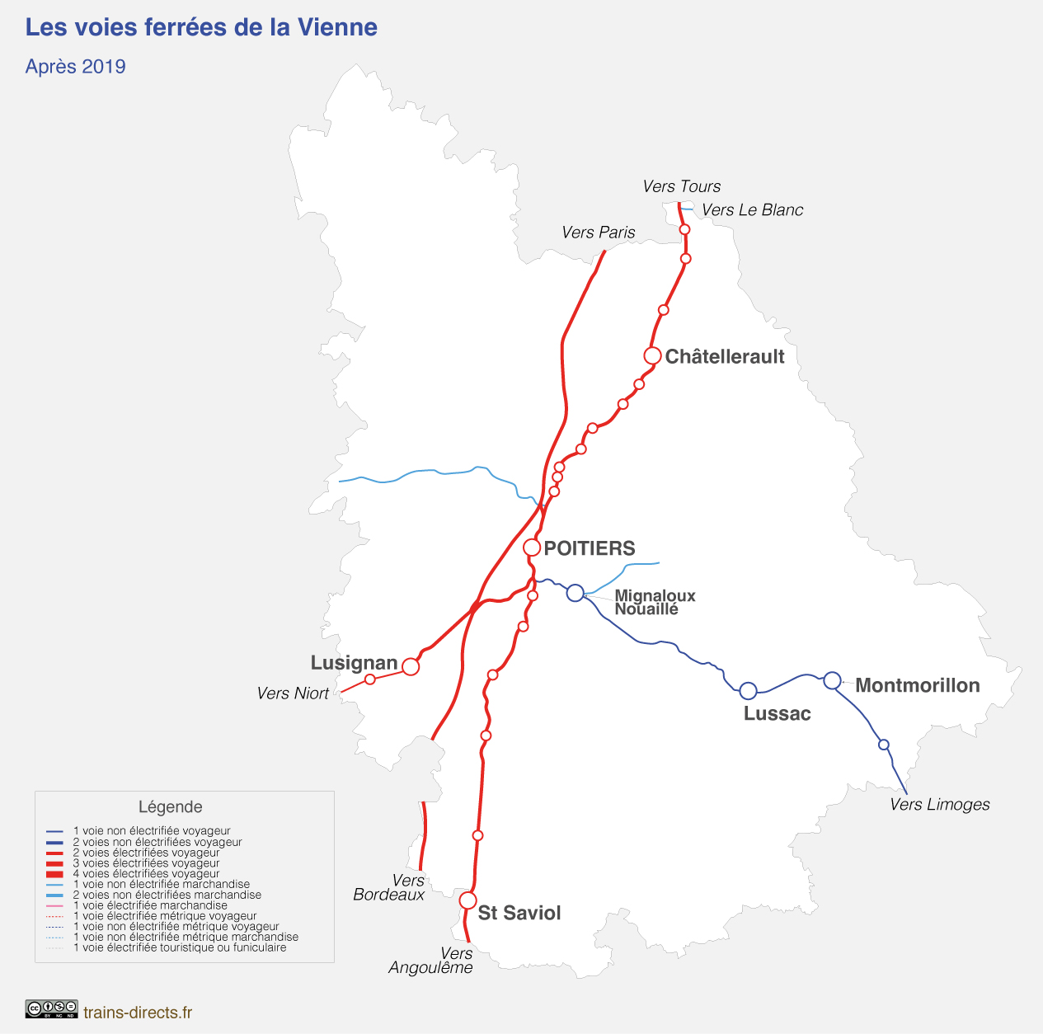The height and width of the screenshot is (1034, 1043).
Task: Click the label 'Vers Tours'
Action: point(681,186)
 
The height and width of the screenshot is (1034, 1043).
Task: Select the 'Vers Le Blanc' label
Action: point(752,209)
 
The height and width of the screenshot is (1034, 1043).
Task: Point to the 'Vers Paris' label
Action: point(598,233)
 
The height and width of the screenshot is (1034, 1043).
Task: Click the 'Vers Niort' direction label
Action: point(293,693)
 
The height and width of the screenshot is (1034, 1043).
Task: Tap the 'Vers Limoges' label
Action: point(940,804)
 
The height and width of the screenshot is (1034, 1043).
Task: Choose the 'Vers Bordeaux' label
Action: point(389,887)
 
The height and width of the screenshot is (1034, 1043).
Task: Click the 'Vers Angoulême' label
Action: point(431,961)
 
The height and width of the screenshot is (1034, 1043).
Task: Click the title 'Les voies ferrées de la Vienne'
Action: point(201,27)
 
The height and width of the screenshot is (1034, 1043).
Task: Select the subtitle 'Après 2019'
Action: point(75,67)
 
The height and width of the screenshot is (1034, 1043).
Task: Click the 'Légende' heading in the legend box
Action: point(170,806)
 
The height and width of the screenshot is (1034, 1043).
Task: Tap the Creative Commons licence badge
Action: point(51,1009)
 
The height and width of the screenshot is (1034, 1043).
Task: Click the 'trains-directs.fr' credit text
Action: point(138,1012)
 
